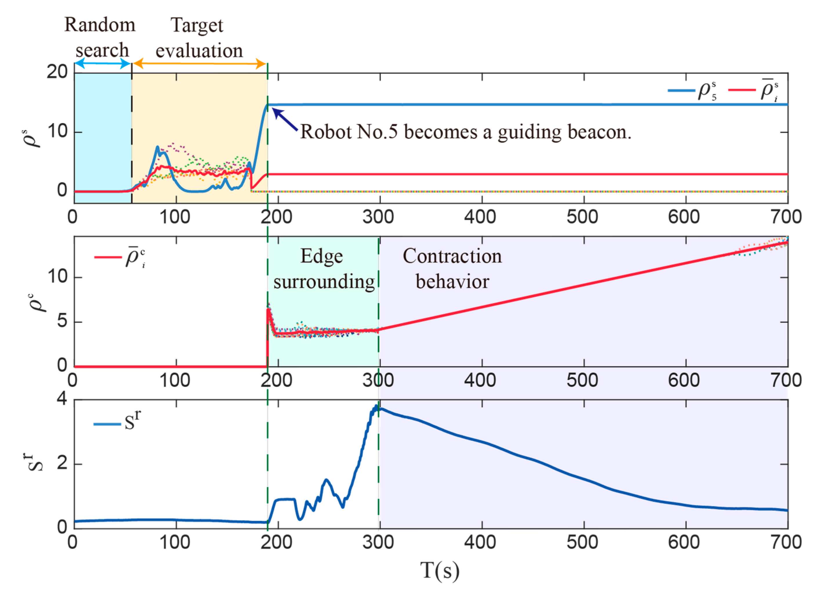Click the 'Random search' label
click(x=100, y=37)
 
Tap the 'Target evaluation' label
click(x=199, y=38)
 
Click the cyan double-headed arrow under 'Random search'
click(x=103, y=64)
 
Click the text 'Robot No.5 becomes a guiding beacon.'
click(x=466, y=132)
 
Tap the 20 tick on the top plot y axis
click(x=57, y=72)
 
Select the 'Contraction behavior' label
click(x=452, y=269)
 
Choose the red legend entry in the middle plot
click(x=120, y=257)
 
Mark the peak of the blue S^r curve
click(x=376, y=406)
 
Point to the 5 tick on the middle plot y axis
click(x=62, y=321)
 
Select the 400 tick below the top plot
click(x=480, y=217)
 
